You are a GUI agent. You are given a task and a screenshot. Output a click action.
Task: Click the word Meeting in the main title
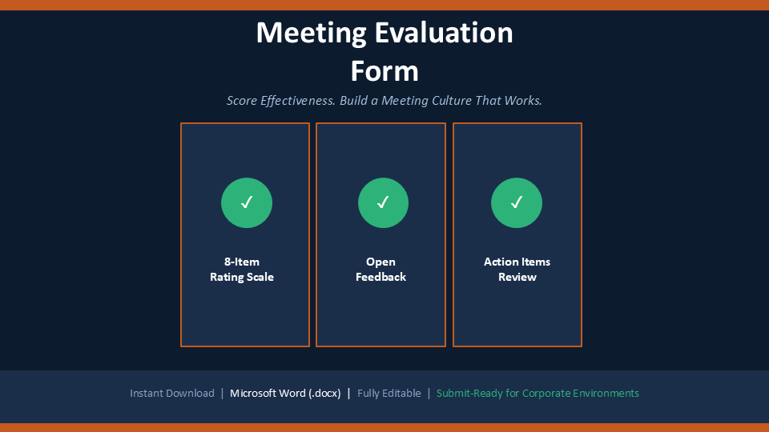tap(311, 34)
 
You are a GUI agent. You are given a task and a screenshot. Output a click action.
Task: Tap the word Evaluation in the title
tap(444, 32)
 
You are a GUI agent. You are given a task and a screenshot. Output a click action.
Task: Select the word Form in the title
tap(384, 71)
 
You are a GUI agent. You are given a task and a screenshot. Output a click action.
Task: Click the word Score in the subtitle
tap(242, 101)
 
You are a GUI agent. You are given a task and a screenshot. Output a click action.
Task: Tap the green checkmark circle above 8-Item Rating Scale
tap(247, 202)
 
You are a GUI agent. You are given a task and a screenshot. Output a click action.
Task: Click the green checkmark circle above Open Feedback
tap(383, 202)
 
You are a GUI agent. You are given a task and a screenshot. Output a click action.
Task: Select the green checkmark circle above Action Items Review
tap(517, 202)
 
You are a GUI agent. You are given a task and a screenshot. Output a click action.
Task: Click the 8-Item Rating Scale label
tap(242, 270)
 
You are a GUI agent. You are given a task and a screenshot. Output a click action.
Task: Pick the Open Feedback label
tap(380, 270)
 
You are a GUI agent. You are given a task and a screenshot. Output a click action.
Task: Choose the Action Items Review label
tap(517, 270)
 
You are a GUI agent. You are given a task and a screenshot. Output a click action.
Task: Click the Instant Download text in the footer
tap(172, 394)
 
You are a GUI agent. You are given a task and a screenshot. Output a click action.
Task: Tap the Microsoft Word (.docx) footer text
tap(285, 394)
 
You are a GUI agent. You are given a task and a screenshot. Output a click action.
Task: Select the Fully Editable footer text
tap(389, 394)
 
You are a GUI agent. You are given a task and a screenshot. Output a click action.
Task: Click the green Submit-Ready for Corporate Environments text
tap(537, 394)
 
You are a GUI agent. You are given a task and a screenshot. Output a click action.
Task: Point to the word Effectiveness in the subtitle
tap(298, 101)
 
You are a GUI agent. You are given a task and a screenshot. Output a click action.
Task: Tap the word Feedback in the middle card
tap(380, 277)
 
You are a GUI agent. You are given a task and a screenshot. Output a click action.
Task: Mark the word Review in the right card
tap(517, 278)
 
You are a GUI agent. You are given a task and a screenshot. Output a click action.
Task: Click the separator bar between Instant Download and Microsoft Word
tap(222, 394)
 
